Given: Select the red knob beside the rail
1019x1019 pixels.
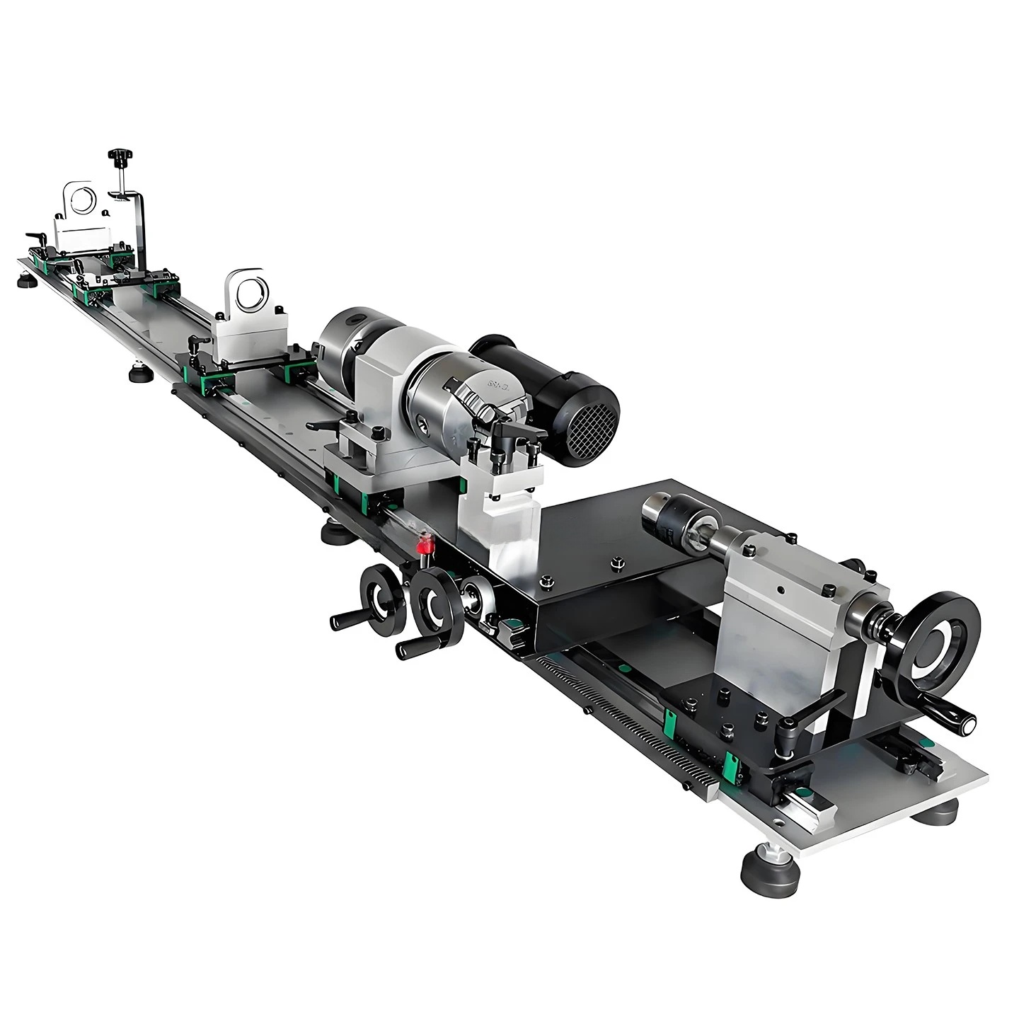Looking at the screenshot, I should coord(425,546).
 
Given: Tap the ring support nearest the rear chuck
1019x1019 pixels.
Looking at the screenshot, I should coord(248,294).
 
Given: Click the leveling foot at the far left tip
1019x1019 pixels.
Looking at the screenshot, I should coord(27,282).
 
